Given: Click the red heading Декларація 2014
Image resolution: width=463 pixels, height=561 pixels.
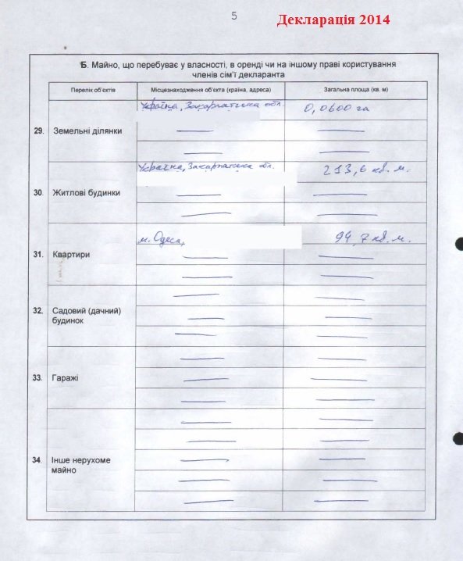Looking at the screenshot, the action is (333, 20).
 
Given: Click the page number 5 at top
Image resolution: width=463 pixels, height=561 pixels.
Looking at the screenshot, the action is (234, 16).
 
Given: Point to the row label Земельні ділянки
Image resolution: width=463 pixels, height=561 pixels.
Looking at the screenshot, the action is (87, 130).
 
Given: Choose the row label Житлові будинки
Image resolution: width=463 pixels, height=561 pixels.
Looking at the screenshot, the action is (86, 192).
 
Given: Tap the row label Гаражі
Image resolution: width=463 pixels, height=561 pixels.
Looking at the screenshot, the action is (67, 378).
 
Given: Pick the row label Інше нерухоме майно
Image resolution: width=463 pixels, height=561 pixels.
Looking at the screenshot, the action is (81, 466).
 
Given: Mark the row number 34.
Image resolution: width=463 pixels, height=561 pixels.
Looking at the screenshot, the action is (37, 460).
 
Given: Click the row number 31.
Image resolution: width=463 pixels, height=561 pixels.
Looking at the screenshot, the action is (37, 254).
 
